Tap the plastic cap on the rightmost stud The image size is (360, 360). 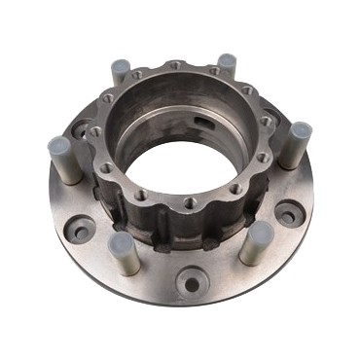(x=301, y=130)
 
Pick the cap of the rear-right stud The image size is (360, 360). (x=227, y=61)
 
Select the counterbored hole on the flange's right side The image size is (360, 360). (x=289, y=213)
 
